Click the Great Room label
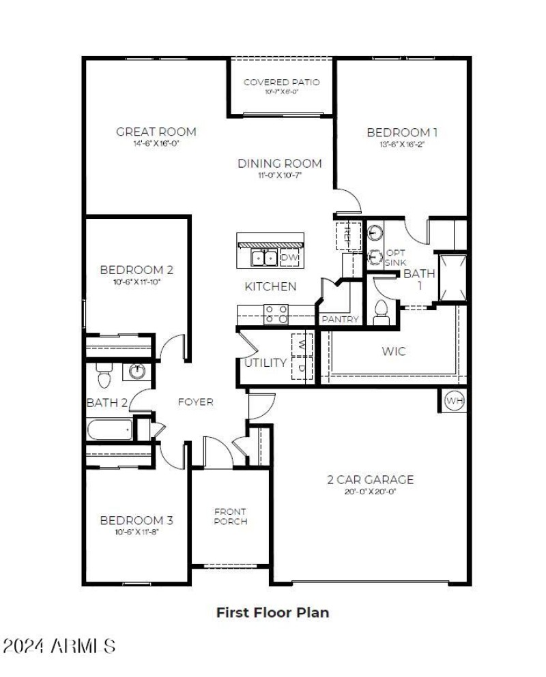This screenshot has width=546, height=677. pos(156,132)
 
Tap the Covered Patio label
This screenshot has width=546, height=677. pos(281,82)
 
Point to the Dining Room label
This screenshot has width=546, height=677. pos(279,164)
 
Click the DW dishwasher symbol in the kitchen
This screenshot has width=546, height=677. pos(289,258)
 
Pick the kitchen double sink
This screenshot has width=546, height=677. pos(263,258)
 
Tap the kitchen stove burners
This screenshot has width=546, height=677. pos(276,314)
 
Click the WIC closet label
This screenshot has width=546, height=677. pos(394,352)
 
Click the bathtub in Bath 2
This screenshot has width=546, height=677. pos(109,430)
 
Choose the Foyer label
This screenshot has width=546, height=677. pos(195,402)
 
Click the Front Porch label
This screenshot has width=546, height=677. pos(230,516)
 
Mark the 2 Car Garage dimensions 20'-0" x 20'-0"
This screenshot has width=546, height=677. pos(370,492)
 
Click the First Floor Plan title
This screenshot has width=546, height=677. pos(272,612)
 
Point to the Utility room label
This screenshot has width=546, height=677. pos(265,363)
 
